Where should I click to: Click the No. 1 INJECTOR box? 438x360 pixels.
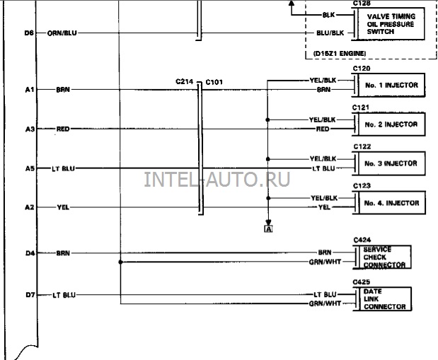point(391,85)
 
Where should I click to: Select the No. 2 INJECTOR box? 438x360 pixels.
point(391,124)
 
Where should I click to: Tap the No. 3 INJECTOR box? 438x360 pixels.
point(391,163)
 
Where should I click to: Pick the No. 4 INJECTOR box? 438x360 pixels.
point(391,203)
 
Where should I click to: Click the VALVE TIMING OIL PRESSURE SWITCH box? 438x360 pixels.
point(391,24)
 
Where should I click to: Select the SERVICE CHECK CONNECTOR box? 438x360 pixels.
point(384,257)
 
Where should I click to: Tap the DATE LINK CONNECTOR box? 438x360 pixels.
point(385,299)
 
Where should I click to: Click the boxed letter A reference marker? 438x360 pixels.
point(268,229)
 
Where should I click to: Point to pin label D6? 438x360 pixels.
point(29,33)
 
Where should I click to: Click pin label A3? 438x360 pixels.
point(30,129)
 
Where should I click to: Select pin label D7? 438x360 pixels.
point(30,295)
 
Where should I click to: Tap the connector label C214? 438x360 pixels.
point(185,81)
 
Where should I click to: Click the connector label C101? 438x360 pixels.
point(214,82)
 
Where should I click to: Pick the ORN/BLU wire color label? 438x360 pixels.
point(62,33)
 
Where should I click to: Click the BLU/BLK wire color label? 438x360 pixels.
point(330,33)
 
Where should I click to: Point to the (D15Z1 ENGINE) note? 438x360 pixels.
point(340,53)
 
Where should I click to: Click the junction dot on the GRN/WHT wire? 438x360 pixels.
point(121,262)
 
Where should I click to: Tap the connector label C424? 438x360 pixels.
point(362,240)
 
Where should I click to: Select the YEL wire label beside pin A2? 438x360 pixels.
point(63,207)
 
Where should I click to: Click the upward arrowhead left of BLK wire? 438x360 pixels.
point(292,3)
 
